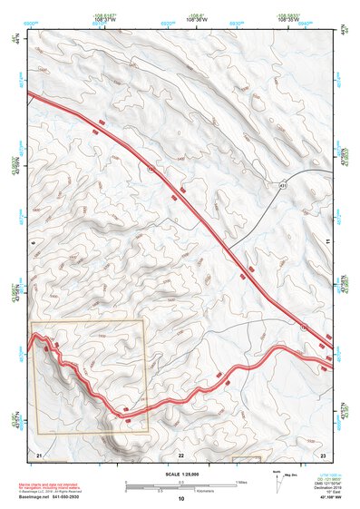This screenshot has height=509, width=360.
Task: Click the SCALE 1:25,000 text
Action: [x=180, y=472]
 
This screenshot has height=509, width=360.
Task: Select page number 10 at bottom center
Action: [x=180, y=498]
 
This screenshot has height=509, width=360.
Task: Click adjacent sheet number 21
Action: [x=38, y=453]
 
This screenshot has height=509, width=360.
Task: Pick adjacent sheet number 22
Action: [x=180, y=453]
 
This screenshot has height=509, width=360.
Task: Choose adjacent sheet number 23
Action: [x=322, y=453]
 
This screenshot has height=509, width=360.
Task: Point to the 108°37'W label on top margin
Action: [x=108, y=18]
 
